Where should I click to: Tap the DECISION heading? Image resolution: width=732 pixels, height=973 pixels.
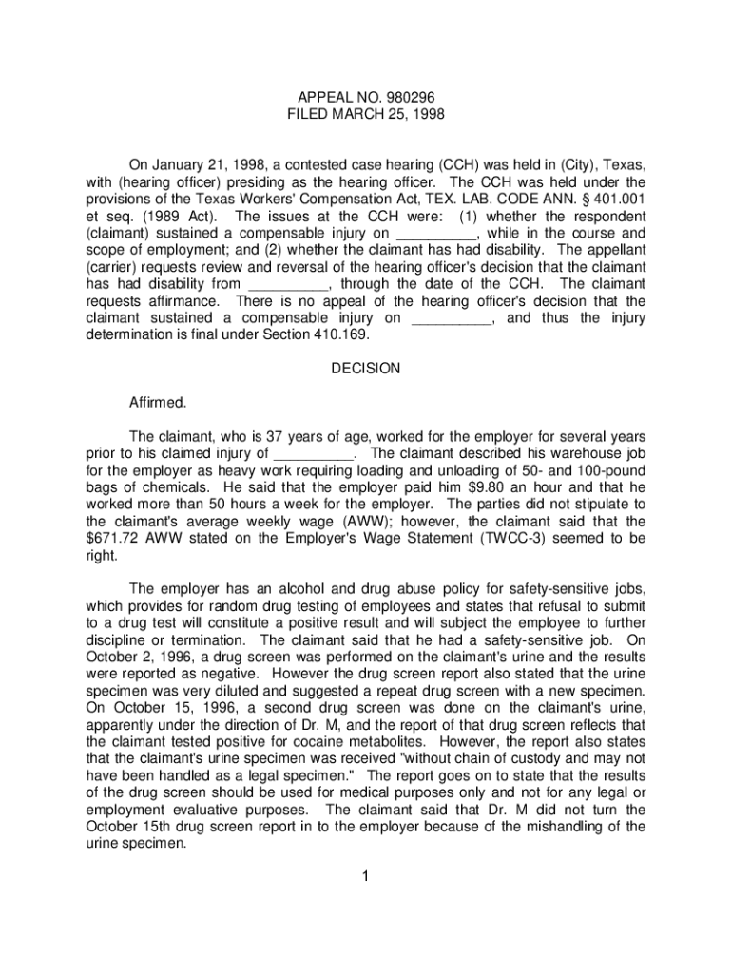click(x=366, y=368)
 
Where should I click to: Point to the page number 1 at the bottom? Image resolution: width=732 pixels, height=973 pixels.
click(x=365, y=875)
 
